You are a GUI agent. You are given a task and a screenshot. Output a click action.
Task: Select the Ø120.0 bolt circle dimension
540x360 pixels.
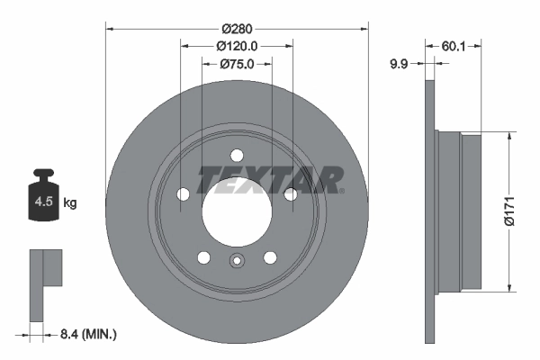coord(238,45)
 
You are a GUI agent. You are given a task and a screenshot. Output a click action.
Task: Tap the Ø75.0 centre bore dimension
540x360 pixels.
coord(238,64)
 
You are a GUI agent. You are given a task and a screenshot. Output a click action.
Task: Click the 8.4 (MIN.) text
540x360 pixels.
coord(87,335)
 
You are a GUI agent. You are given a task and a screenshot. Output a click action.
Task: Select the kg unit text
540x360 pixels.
coord(70,203)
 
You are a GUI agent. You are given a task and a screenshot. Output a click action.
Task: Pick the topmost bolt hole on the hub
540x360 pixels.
coord(237,154)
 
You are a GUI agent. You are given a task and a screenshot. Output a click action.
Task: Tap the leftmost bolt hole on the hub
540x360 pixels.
coord(184,193)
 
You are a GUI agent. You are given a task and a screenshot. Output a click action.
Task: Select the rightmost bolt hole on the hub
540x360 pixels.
coord(290,193)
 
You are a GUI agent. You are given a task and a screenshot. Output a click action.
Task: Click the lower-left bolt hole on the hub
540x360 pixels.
coord(204,257)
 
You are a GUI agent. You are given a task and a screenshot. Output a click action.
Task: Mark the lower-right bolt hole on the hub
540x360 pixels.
coord(270,257)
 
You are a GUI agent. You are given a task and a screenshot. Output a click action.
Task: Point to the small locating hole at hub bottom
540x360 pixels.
coord(237,262)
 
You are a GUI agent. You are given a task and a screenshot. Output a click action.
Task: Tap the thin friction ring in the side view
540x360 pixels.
coord(429,211)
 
